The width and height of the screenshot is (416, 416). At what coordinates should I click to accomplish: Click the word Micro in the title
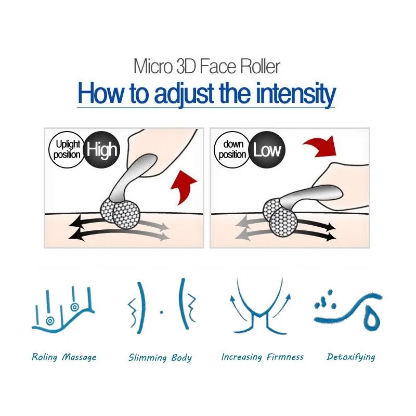tap(153, 67)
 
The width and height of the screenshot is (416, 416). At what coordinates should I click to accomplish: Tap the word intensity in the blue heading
tap(295, 95)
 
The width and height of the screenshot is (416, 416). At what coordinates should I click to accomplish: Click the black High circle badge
tap(101, 150)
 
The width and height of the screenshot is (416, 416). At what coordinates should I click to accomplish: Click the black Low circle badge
tap(267, 150)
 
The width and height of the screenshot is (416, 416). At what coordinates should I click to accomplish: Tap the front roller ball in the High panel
tap(126, 215)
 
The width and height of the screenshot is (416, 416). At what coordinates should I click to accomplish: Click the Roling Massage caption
tap(64, 357)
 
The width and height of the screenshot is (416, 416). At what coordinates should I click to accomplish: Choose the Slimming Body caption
tap(160, 358)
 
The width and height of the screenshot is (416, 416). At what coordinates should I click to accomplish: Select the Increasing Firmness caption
tap(263, 357)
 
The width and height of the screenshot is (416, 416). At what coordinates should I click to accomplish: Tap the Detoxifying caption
tap(350, 357)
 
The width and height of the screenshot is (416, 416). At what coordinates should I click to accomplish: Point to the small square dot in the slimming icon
tap(162, 312)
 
